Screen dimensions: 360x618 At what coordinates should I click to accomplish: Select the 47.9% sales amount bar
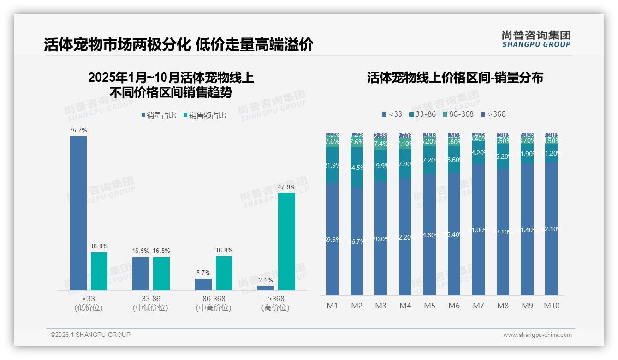click(x=286, y=241)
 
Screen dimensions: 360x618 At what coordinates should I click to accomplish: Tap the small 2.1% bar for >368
click(x=266, y=288)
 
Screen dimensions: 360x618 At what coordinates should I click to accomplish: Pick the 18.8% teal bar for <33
click(x=99, y=271)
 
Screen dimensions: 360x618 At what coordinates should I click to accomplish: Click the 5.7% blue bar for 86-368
click(x=203, y=284)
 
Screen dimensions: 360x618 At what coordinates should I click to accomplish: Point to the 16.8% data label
click(x=224, y=250)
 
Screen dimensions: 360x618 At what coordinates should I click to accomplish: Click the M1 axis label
click(x=332, y=306)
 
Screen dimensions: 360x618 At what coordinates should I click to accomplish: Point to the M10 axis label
click(x=552, y=306)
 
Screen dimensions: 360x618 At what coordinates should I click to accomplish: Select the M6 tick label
click(x=454, y=306)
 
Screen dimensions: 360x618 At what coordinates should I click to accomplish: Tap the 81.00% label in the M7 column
click(x=478, y=230)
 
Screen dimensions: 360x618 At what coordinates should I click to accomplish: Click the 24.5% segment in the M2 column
click(x=357, y=167)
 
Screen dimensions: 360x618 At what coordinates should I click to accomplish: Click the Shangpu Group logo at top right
click(x=536, y=39)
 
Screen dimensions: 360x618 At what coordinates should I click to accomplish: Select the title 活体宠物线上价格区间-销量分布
click(x=455, y=78)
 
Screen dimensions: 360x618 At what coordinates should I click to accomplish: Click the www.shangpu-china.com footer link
click(x=537, y=335)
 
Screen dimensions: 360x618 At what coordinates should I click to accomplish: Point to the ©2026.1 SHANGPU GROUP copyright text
click(x=90, y=335)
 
